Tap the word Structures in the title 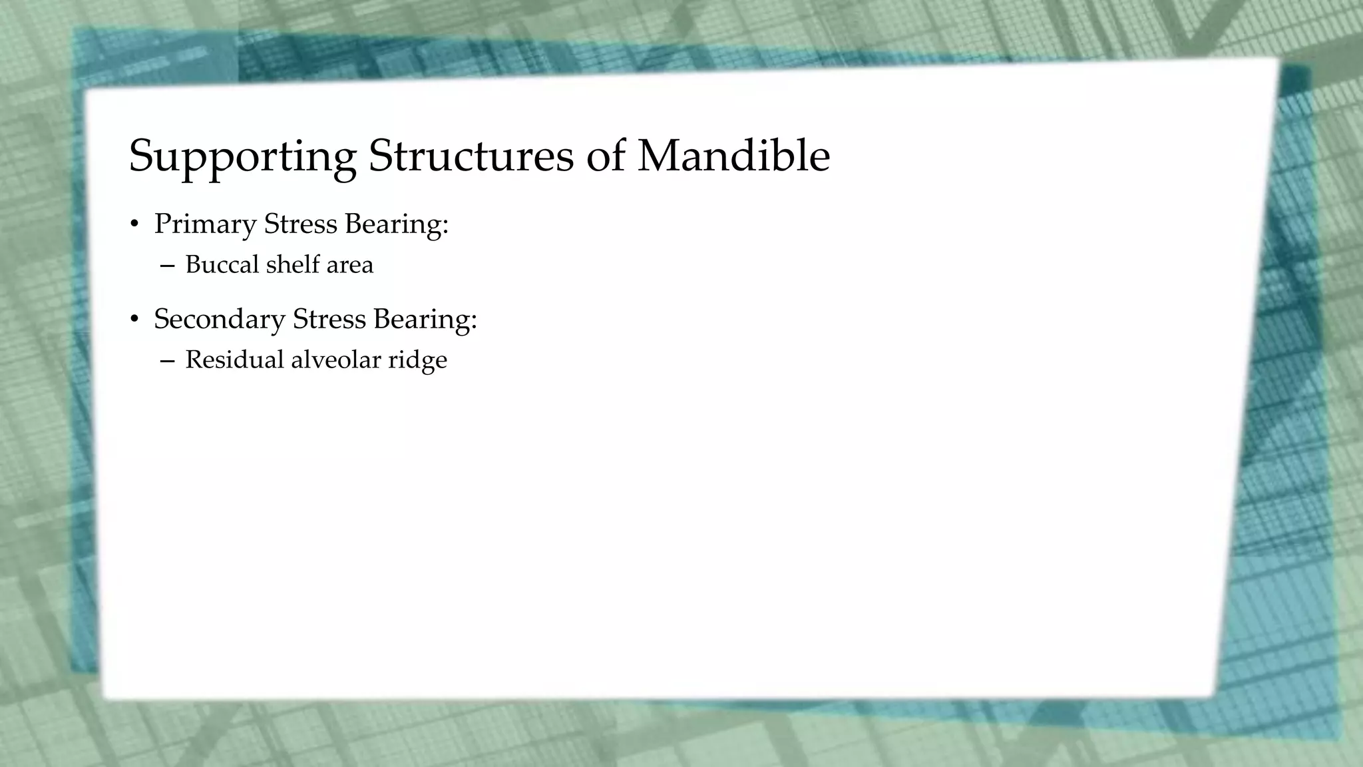point(471,156)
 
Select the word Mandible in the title point(733,156)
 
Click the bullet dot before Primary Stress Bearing point(134,225)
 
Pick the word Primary point(205,225)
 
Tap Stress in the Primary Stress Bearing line point(301,224)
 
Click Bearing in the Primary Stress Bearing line point(397,225)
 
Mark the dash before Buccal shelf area point(167,266)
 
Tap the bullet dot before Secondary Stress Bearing point(134,320)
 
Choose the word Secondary point(219,320)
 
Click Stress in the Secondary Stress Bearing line point(329,319)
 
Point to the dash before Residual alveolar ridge point(167,361)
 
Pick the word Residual point(234,360)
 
